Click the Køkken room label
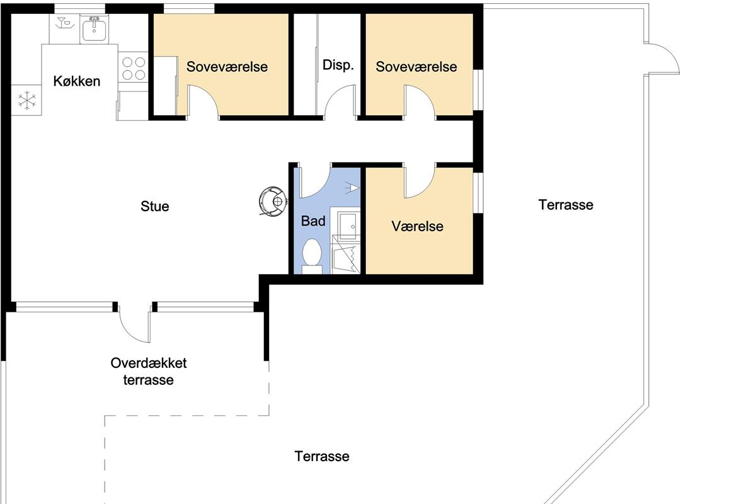point(77,81)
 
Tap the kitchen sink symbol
point(94,29)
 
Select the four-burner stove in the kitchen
point(134,67)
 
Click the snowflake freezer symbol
point(26,100)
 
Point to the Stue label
point(154,206)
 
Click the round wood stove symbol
point(273,202)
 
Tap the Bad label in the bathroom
point(313,221)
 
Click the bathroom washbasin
point(347,226)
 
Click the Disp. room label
point(338,65)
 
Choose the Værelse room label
point(418,227)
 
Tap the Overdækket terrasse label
point(149,371)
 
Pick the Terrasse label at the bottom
point(322,456)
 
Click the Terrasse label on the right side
point(566,205)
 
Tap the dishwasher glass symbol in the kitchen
point(64,23)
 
